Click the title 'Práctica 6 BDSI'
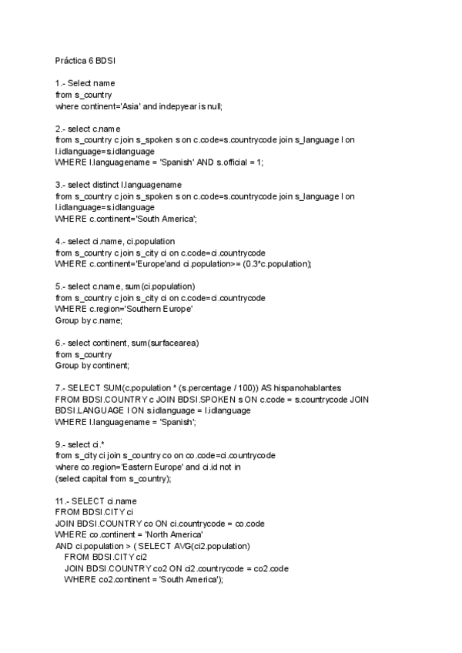pos(85,59)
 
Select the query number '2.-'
pos(60,128)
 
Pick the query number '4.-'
pos(60,242)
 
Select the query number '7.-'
pos(60,389)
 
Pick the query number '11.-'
pos(62,501)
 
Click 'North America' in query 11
pos(171,534)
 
